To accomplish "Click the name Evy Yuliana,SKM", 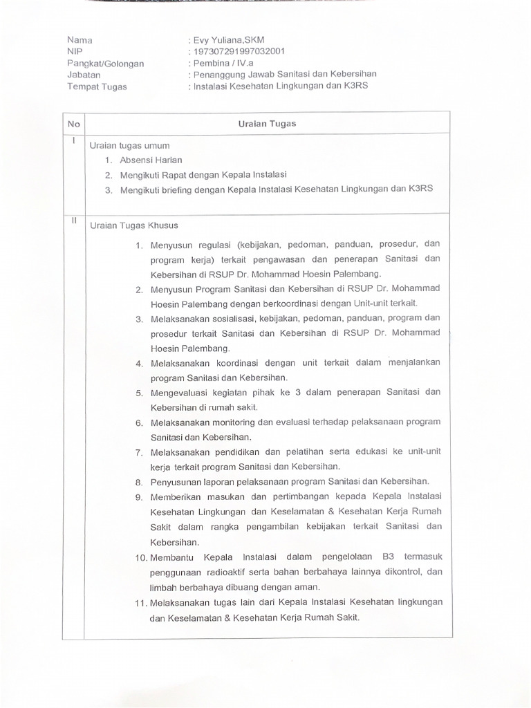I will point(227,40).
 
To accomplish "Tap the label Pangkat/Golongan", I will point(106,63).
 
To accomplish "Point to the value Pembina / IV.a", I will point(222,63).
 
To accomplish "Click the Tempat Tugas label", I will point(97,86).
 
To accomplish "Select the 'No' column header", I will point(74,124).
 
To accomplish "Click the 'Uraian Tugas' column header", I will point(267,124).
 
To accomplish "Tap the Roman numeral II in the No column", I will point(74,221).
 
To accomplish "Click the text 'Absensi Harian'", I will point(151,160).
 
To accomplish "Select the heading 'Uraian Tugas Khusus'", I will point(134,225).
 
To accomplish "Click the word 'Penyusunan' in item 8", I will point(175,481).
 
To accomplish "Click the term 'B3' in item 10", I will point(388,557).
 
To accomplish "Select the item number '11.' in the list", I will point(140,602).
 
